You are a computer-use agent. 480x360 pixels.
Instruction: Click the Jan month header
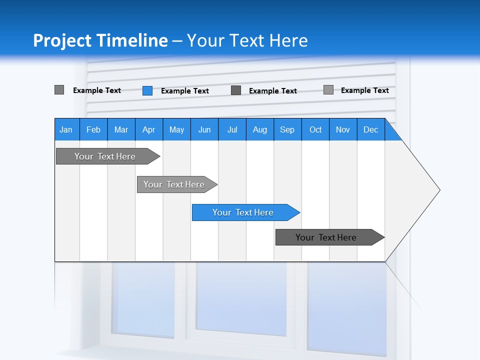[66, 129]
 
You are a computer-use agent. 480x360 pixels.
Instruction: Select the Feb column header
[93, 129]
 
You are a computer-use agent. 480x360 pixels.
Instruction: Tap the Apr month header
[148, 129]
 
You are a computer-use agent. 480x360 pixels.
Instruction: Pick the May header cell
[176, 129]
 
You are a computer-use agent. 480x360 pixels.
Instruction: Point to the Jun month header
[204, 129]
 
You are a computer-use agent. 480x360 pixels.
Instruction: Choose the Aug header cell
[260, 129]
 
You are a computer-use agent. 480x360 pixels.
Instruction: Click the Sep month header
[287, 129]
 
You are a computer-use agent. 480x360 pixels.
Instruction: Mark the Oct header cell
[315, 129]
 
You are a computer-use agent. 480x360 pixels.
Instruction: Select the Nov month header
[343, 129]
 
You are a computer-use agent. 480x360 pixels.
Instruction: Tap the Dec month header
[371, 129]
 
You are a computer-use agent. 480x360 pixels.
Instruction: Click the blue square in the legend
[147, 90]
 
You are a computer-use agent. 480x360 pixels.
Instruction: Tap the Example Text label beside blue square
[185, 91]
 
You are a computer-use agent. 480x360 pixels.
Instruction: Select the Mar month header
[121, 129]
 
